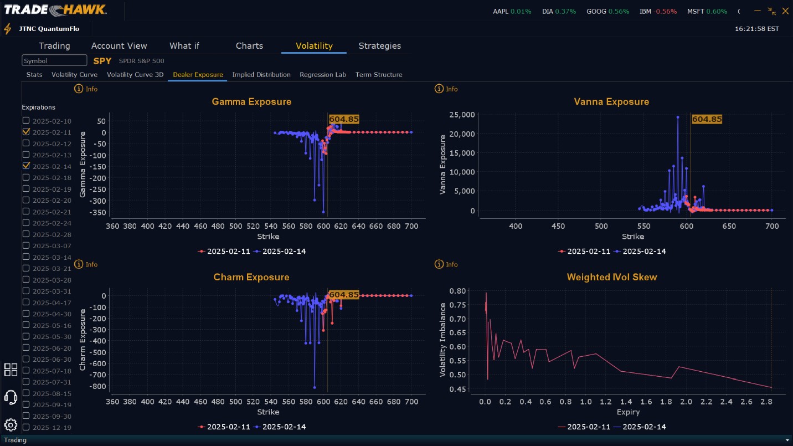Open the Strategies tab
click(379, 46)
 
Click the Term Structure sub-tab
click(379, 75)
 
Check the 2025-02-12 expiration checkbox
click(26, 143)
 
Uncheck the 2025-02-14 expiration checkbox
click(26, 166)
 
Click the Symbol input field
click(54, 60)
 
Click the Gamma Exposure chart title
click(251, 102)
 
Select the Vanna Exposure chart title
click(611, 102)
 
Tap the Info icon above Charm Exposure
click(79, 265)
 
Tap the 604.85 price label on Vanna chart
click(707, 119)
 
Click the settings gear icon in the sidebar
click(11, 425)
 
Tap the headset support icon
click(11, 397)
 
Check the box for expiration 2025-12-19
click(26, 427)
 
